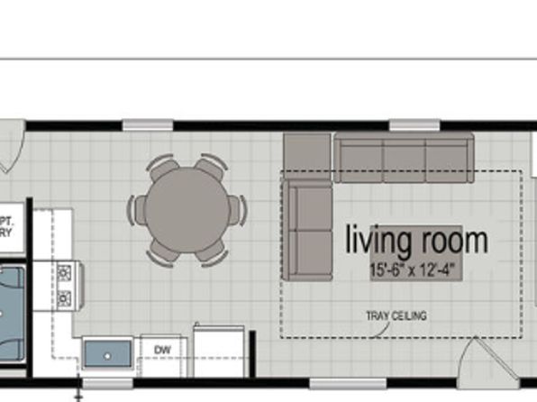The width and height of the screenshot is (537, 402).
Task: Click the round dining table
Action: pos(188,210)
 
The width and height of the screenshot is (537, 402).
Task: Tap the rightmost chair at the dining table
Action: pos(237,210)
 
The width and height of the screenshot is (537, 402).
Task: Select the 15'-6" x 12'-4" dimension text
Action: pos(416,269)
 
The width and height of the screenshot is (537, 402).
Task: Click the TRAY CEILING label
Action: pos(396,315)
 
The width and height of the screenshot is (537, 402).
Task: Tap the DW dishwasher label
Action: pos(163,349)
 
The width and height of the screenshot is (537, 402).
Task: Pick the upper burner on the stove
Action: pos(65,271)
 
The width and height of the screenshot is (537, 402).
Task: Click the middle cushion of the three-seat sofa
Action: pos(405,159)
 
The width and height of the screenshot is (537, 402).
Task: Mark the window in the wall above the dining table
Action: pos(148,124)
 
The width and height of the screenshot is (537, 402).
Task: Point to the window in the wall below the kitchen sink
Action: pos(108,383)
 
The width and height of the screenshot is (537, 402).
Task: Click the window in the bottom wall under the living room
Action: pos(341,383)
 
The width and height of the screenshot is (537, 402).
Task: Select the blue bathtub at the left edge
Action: pos(14,306)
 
